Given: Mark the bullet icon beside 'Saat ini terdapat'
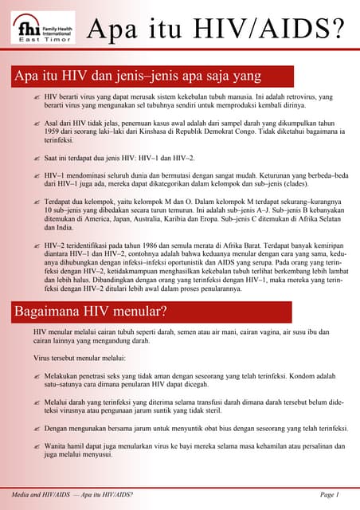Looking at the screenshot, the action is tap(36, 159).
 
